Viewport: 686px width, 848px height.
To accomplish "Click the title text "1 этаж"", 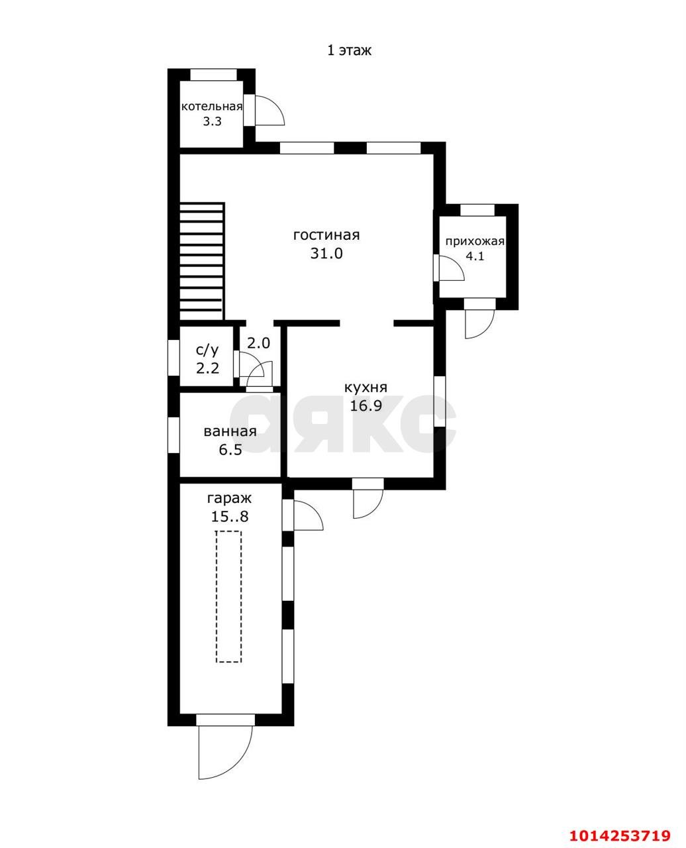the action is [x=349, y=50].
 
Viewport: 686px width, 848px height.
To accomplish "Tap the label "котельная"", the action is [x=212, y=106].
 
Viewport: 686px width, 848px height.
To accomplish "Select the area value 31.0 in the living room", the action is [x=326, y=253].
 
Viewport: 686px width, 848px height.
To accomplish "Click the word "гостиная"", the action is [x=326, y=235].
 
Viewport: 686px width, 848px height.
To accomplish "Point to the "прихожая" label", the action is [x=475, y=242].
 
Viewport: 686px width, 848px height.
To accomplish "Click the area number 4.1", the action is [x=475, y=256].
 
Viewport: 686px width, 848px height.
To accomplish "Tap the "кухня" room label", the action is [x=366, y=388].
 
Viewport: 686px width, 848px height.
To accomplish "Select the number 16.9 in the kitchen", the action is [x=366, y=405].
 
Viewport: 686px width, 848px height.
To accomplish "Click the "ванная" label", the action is [x=230, y=431].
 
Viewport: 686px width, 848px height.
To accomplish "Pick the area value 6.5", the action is [x=230, y=450].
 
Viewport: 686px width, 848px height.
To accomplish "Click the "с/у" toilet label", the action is [x=207, y=350].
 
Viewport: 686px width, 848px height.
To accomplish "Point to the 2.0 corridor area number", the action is [x=259, y=343].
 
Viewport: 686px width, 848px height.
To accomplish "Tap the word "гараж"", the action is [x=230, y=498].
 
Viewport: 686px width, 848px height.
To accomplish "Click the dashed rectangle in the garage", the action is [x=229, y=596].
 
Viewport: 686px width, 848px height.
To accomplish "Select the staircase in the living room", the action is [x=202, y=261].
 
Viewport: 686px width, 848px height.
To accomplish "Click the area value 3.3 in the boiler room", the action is [x=212, y=121].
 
